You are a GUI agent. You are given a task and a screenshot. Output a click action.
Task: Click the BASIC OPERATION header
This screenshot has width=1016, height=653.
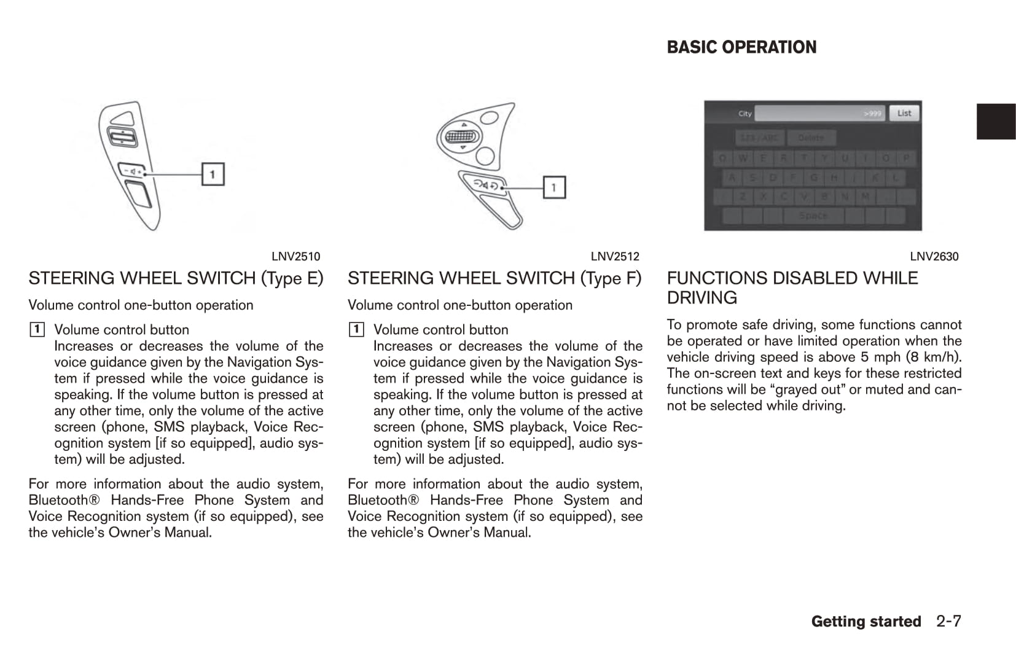741,47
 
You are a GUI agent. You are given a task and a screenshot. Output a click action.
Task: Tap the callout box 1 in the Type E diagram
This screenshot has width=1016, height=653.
213,174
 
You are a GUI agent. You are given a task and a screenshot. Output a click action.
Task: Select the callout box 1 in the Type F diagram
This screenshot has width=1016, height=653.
553,187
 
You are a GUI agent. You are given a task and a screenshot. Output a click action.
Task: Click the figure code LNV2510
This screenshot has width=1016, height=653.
295,257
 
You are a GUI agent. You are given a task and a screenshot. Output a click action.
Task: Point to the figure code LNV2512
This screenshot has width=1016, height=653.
615,257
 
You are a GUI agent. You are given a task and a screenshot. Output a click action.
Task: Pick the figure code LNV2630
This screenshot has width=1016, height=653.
934,257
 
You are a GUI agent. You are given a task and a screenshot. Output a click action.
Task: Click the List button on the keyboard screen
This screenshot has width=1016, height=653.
904,113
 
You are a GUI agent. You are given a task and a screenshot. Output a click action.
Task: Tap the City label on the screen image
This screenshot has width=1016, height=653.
744,114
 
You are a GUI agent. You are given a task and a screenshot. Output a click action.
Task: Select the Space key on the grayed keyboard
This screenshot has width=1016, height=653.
813,216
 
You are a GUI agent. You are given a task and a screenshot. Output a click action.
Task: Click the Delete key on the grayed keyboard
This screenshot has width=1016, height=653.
811,138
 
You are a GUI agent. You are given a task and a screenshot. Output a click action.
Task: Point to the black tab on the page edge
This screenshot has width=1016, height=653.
996,122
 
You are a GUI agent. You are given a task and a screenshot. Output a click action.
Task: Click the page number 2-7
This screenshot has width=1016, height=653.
948,622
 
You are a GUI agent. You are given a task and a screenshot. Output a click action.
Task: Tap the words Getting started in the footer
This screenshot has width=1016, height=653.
866,622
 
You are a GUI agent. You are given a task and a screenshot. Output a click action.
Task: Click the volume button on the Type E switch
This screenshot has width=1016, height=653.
132,171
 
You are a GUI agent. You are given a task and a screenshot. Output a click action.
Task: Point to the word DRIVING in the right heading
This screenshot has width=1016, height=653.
701,298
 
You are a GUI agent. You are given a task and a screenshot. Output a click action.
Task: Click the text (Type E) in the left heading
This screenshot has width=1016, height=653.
292,278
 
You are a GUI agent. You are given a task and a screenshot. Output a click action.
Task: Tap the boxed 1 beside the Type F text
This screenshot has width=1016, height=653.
356,330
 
